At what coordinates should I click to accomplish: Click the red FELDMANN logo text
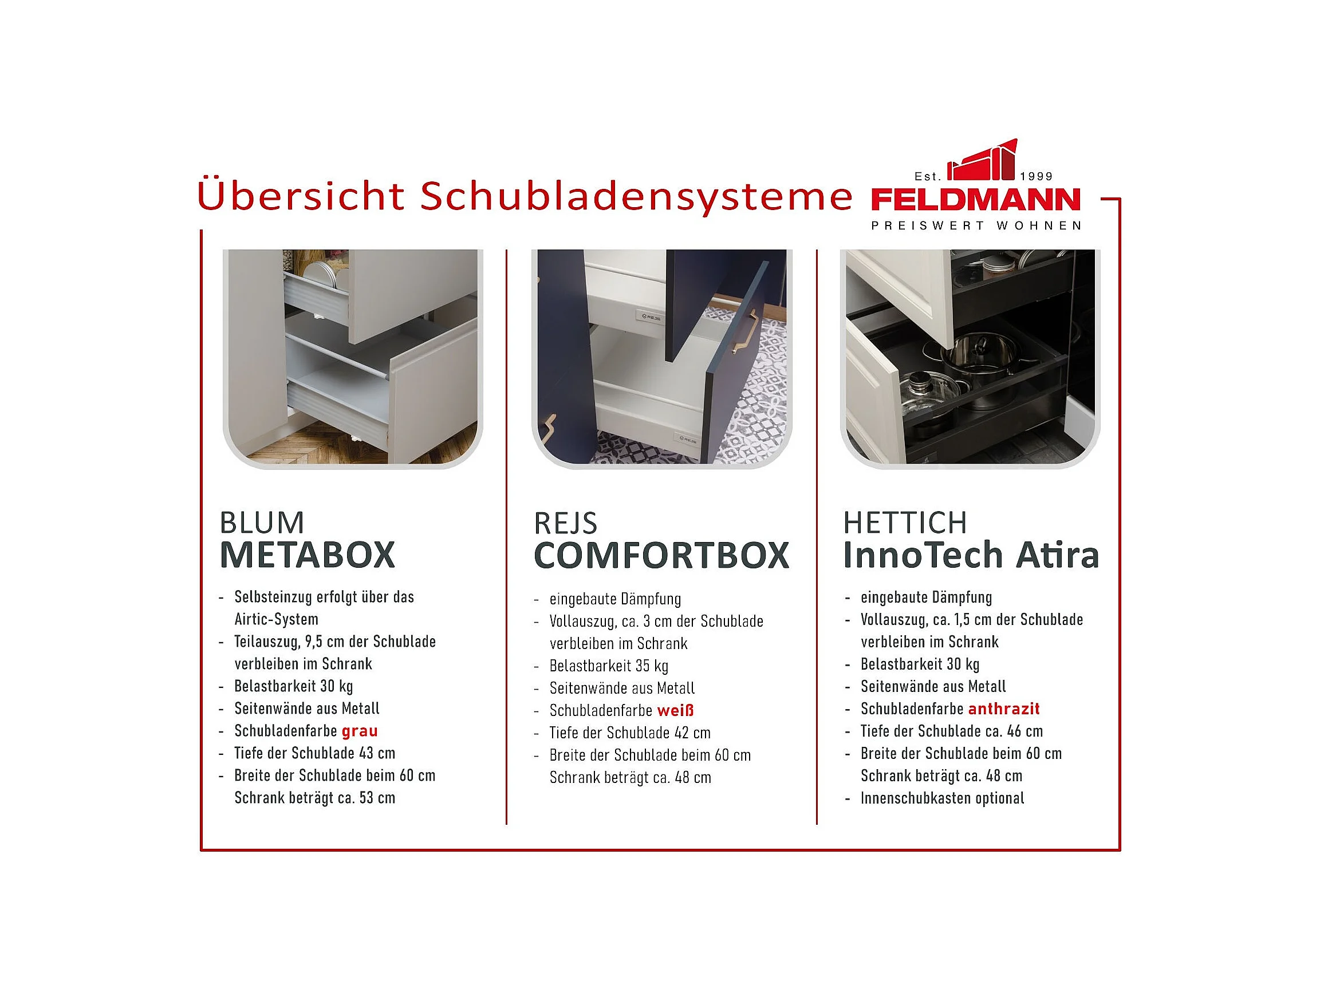tap(976, 199)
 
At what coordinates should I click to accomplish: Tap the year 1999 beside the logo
tap(1037, 176)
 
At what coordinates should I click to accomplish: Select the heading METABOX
tap(308, 555)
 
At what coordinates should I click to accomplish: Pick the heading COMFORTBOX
tap(661, 555)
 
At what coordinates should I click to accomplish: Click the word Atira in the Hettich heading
tap(1058, 555)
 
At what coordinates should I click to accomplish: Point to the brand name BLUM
tap(262, 523)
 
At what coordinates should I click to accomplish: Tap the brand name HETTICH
tap(905, 523)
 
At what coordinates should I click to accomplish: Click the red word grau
tap(360, 731)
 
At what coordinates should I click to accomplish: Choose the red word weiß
tap(676, 710)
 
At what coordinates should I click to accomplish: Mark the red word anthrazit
tap(1004, 709)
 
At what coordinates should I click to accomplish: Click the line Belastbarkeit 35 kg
tap(609, 666)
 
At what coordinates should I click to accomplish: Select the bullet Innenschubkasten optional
tap(942, 798)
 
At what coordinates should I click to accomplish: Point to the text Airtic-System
tap(276, 619)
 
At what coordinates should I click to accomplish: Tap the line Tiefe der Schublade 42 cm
tap(630, 733)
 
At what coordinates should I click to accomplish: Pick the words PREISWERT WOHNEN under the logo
tap(976, 226)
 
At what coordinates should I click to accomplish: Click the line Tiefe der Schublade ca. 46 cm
tap(952, 731)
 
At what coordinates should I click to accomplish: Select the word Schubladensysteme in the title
tap(636, 196)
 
